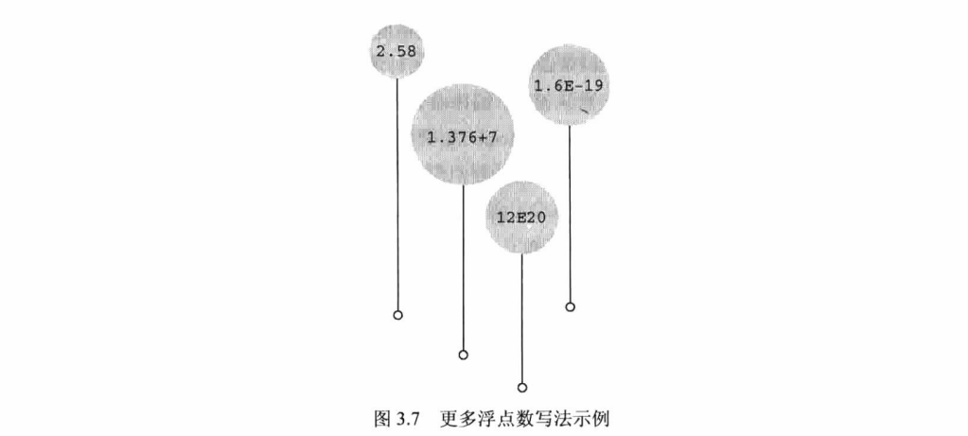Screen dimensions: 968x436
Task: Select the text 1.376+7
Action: [x=463, y=137]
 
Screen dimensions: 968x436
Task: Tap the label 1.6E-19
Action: [x=569, y=86]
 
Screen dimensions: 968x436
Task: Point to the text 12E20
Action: [x=521, y=218]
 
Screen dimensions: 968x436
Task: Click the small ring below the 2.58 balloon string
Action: [x=397, y=315]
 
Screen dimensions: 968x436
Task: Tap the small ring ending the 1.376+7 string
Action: [x=463, y=355]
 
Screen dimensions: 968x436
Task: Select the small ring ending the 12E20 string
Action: [x=522, y=387]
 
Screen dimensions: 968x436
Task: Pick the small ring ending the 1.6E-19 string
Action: [x=570, y=306]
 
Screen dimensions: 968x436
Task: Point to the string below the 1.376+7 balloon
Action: [x=463, y=265]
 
